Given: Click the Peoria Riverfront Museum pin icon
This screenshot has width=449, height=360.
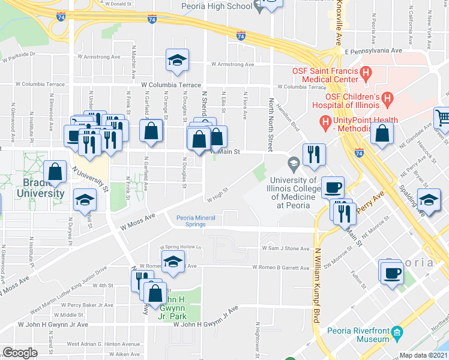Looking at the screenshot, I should [397, 332].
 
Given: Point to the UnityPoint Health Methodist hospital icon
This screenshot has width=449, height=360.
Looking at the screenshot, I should [325, 124].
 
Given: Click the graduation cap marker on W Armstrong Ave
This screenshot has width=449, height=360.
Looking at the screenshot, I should [177, 60].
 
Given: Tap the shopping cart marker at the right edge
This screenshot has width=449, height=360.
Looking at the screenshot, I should [442, 116].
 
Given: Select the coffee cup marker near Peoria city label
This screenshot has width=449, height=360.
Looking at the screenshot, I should [392, 273].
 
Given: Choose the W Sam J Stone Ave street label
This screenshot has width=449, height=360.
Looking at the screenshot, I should [285, 248].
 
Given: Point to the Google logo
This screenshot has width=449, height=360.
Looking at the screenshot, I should [20, 353].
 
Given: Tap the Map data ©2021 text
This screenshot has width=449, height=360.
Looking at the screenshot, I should [424, 355].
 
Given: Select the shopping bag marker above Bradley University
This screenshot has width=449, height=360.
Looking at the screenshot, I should [55, 172].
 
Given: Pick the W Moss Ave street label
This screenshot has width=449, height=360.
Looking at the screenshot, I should [137, 222].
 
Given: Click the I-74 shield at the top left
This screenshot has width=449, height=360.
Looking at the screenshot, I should [61, 17].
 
